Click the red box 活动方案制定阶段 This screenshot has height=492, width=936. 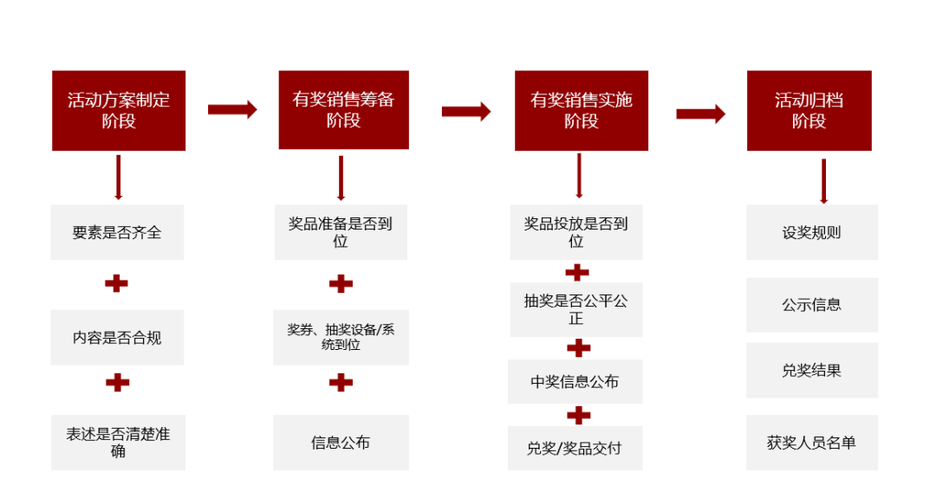point(119,110)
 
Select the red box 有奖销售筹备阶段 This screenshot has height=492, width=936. point(343,110)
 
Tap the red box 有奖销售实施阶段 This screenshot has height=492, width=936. point(581,110)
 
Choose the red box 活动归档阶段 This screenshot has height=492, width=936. point(809,110)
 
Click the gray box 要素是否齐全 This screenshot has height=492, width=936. point(117,232)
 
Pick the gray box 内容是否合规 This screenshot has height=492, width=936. point(117,337)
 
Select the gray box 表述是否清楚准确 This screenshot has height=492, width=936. point(118,442)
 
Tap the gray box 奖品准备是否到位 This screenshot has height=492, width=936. point(341,232)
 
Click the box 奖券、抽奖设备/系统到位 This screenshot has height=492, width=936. point(341,337)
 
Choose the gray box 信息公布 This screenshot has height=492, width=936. point(341,442)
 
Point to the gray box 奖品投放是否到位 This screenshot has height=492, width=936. point(576,232)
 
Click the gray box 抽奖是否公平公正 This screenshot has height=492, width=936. point(576,309)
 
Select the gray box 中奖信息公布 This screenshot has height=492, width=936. point(575,381)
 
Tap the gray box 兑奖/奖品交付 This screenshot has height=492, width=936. point(575,448)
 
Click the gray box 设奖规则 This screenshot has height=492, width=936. point(812,232)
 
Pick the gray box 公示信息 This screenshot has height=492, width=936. point(812,305)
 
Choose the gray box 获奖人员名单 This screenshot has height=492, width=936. point(812,442)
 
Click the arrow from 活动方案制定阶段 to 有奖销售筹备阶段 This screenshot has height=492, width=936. point(232,109)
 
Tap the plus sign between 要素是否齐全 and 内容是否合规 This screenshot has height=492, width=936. point(117,283)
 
